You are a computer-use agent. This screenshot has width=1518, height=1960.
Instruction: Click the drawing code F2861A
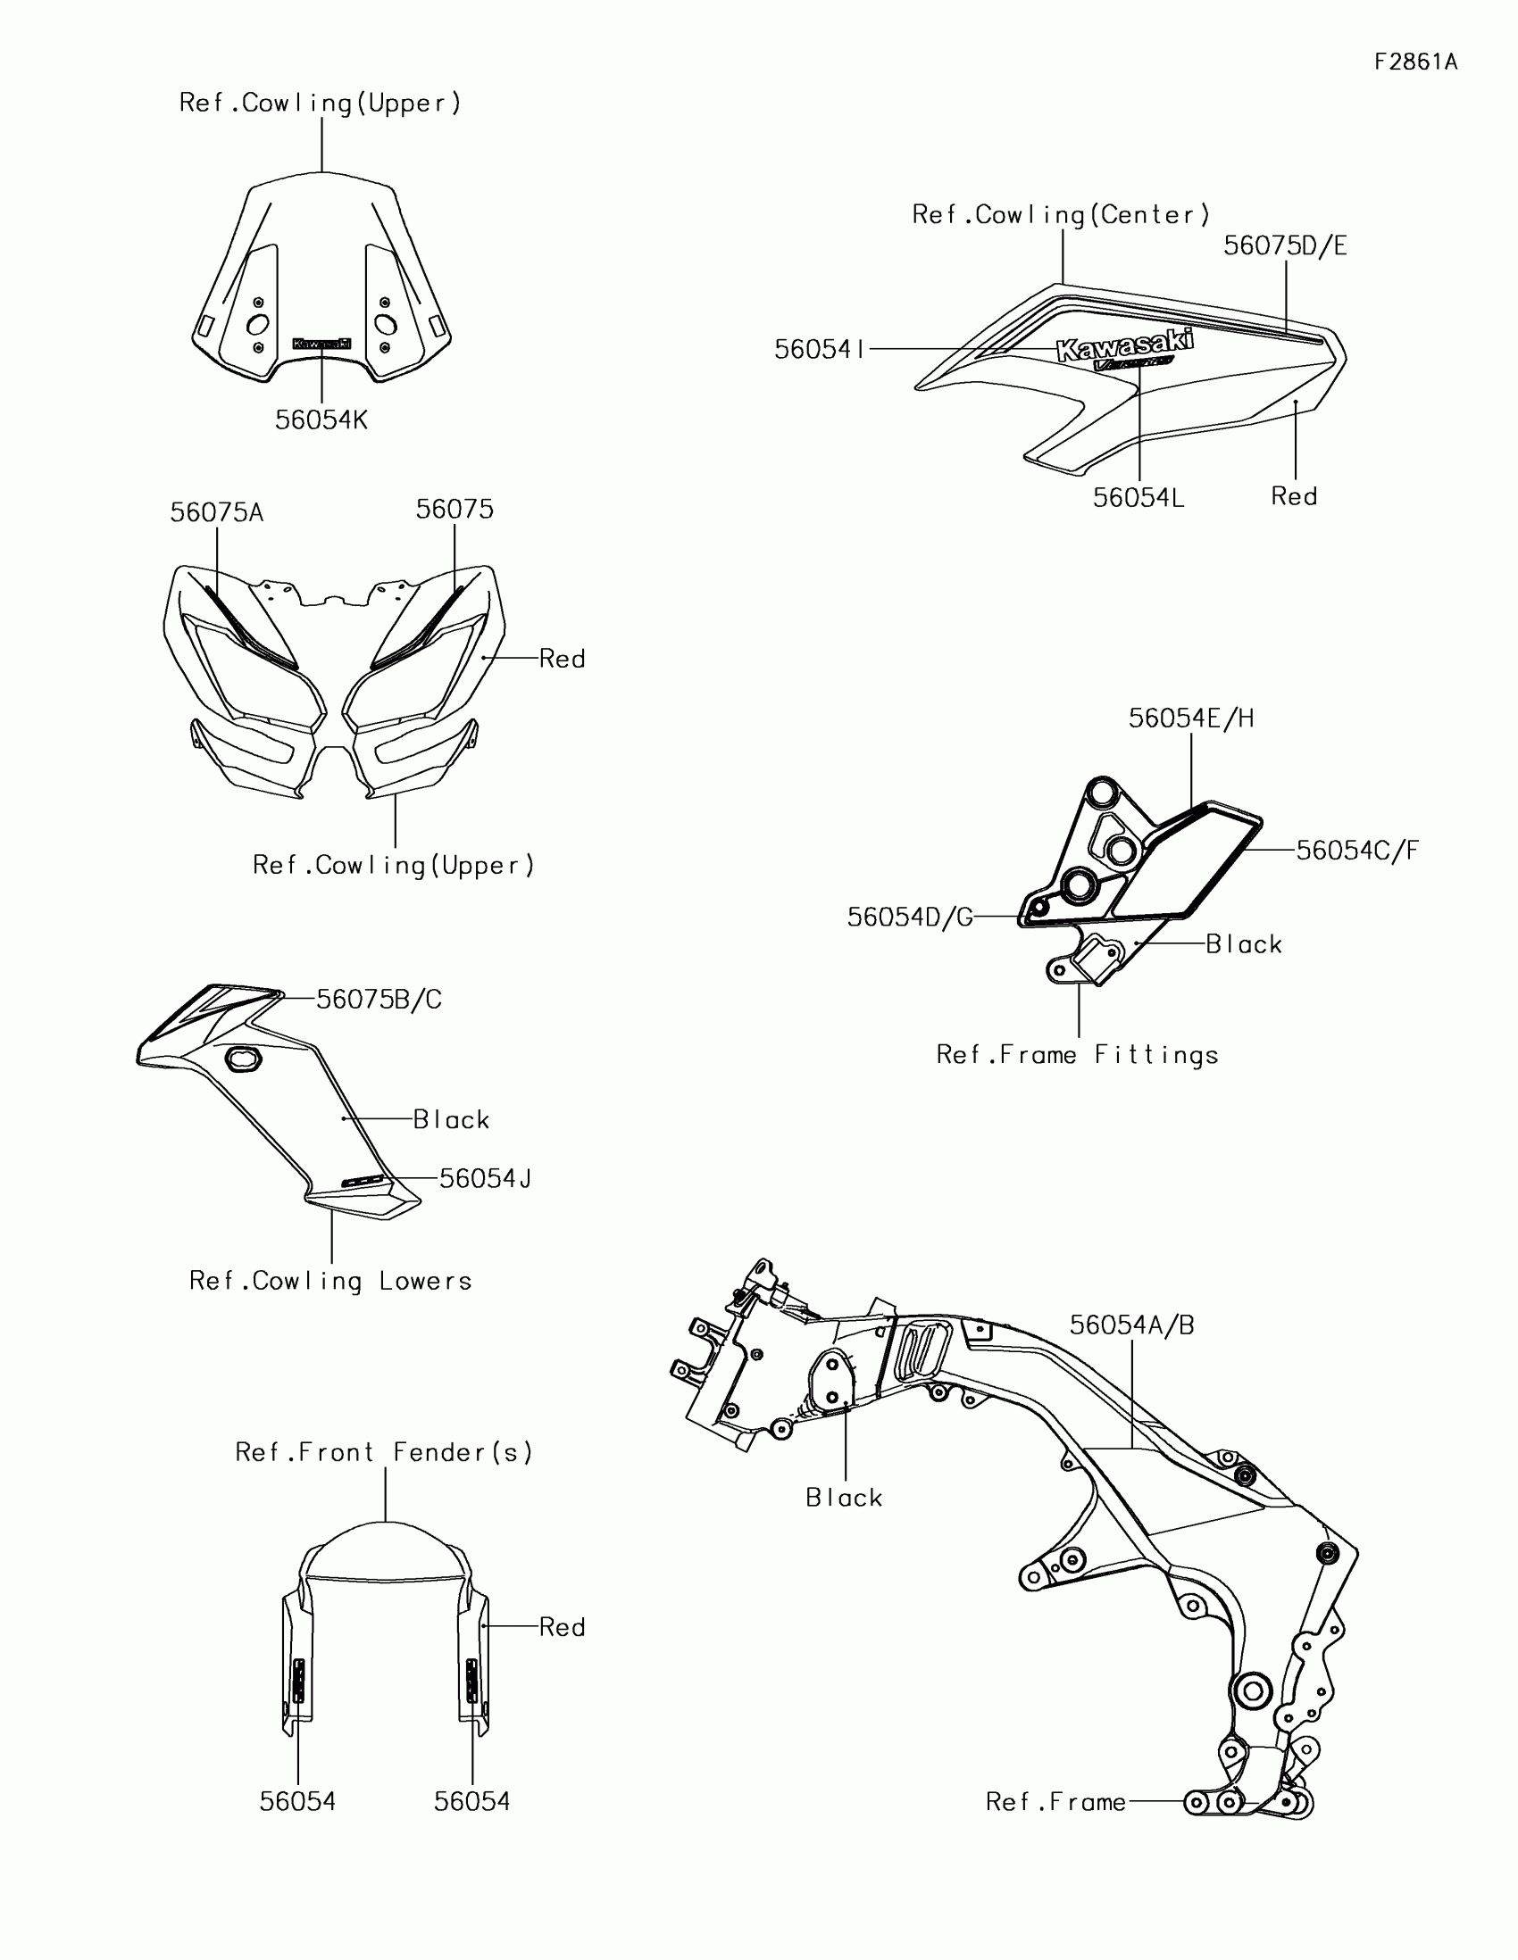pyautogui.click(x=1415, y=62)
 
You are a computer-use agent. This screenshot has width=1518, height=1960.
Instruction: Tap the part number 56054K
pyautogui.click(x=321, y=420)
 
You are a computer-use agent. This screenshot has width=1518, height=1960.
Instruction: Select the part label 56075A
pyautogui.click(x=216, y=513)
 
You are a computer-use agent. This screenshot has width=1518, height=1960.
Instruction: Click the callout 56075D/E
pyautogui.click(x=1285, y=246)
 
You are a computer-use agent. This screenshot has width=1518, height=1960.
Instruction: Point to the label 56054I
pyautogui.click(x=819, y=349)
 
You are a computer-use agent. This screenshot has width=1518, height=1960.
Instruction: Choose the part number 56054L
pyautogui.click(x=1138, y=498)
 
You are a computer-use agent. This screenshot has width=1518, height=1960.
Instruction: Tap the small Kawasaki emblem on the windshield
pyautogui.click(x=321, y=344)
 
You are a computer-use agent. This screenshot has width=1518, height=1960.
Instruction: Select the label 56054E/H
pyautogui.click(x=1191, y=718)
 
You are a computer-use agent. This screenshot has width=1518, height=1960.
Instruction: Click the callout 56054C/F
pyautogui.click(x=1357, y=850)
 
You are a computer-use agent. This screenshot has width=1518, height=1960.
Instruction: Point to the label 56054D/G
pyautogui.click(x=909, y=918)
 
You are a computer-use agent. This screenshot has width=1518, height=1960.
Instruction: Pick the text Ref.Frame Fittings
pyautogui.click(x=1077, y=1054)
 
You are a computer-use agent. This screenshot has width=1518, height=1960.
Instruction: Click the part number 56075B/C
pyautogui.click(x=379, y=1000)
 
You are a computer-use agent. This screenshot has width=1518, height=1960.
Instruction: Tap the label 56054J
pyautogui.click(x=485, y=1179)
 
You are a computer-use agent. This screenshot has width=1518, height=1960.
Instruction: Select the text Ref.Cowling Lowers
pyautogui.click(x=330, y=1281)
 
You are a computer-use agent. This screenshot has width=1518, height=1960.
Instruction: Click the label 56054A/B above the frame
pyautogui.click(x=1132, y=1325)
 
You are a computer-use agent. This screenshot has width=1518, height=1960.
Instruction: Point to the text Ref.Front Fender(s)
pyautogui.click(x=384, y=1453)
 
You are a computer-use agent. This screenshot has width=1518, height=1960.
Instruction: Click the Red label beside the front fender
pyautogui.click(x=562, y=1627)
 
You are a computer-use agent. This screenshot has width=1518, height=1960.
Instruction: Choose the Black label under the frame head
pyautogui.click(x=844, y=1498)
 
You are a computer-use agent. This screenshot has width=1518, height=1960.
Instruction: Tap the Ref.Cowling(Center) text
pyautogui.click(x=1061, y=215)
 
